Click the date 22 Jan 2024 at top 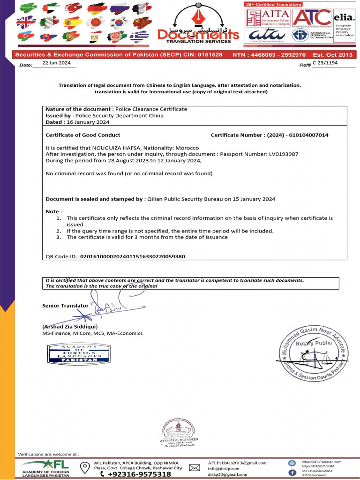(x=56, y=63)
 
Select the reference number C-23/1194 (x=325, y=62)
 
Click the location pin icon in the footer (x=85, y=467)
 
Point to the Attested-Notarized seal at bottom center (x=180, y=432)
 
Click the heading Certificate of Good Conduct (x=82, y=135)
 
